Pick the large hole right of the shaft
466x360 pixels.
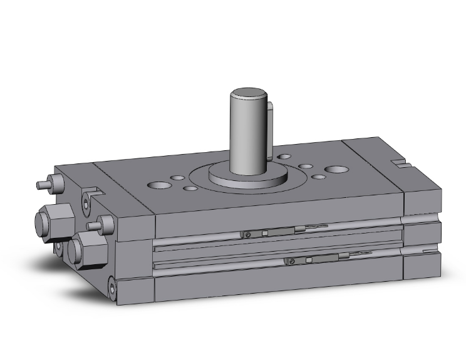coord(336,170)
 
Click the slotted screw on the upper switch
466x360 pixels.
coord(249,235)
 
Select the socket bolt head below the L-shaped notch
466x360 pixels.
coord(86,201)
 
